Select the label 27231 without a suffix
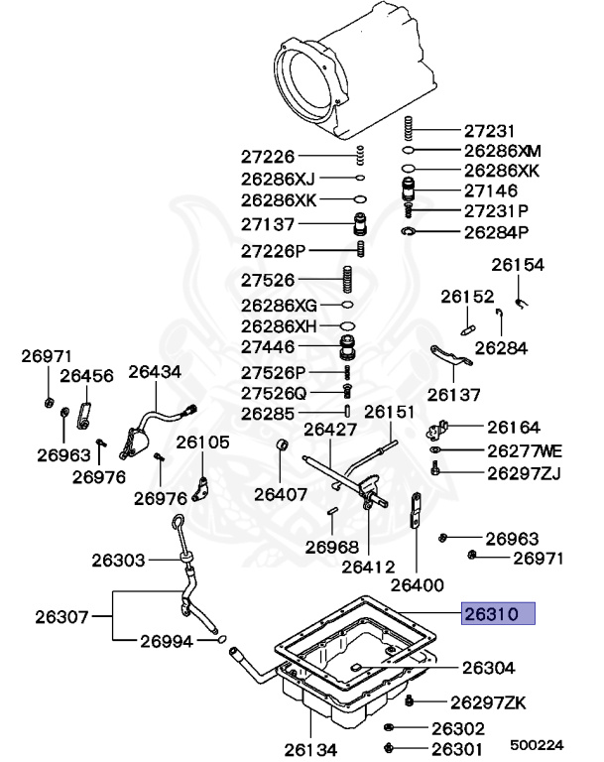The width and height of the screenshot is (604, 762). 490,131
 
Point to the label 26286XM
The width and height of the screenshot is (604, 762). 503,151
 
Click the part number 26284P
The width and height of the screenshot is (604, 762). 497,232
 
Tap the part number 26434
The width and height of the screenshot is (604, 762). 155,371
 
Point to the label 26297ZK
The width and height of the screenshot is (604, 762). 488,702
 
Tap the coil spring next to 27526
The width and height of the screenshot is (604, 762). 348,280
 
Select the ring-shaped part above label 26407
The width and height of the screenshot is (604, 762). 281,444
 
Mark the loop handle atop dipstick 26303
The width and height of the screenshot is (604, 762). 175,523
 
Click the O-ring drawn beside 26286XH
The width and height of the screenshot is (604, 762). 347,324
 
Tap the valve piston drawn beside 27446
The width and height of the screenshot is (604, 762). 348,349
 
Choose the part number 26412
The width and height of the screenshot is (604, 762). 368,567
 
